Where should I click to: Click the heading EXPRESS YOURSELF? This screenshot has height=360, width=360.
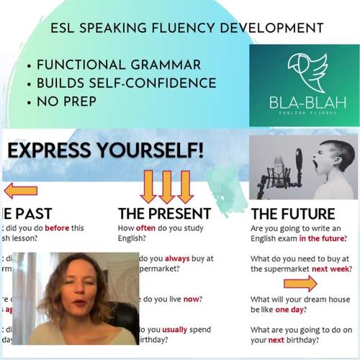(x=105, y=151)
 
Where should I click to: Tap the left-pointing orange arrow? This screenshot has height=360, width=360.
(x=21, y=191)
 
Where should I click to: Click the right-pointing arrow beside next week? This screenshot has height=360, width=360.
(x=299, y=283)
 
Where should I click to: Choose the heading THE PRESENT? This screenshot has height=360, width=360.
(x=164, y=214)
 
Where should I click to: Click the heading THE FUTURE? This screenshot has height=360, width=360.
(x=292, y=214)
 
